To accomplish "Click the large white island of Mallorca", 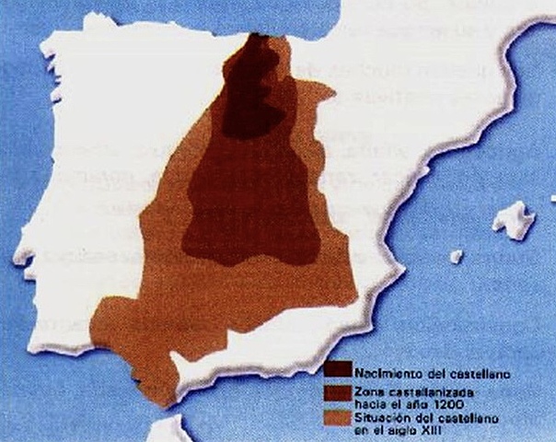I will (513, 221).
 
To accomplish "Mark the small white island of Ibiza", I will (456, 256).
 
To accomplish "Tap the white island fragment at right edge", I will (550, 199).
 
